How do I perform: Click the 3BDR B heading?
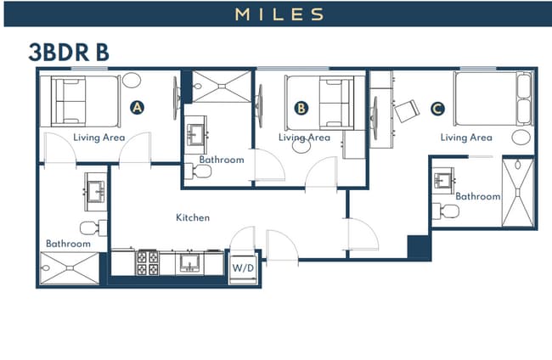click(x=69, y=51)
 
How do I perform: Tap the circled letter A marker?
click(x=136, y=108)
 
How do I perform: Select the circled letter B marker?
click(x=301, y=108)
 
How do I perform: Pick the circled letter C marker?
click(x=437, y=109)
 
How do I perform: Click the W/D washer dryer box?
click(x=243, y=267)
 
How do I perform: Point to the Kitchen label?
click(x=193, y=218)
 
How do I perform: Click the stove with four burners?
click(x=148, y=263)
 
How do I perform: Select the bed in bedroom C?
click(x=492, y=99)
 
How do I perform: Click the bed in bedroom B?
click(x=319, y=100)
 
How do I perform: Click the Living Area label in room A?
click(x=99, y=137)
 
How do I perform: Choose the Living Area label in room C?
click(x=465, y=137)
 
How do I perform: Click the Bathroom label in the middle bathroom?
click(x=222, y=160)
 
